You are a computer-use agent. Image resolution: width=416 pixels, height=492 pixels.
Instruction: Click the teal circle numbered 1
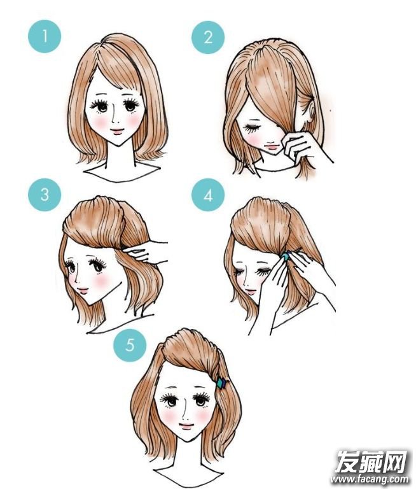point(45,36)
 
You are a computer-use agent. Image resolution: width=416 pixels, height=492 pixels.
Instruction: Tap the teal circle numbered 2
point(208,38)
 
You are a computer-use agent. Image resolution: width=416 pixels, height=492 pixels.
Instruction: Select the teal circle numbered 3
point(45,195)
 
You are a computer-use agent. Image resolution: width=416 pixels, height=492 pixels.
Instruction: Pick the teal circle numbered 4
point(208,195)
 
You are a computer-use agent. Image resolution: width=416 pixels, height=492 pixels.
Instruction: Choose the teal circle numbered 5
point(130,345)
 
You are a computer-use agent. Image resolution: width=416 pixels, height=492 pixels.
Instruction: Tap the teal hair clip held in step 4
point(286,257)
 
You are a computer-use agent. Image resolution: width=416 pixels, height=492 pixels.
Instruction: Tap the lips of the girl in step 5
point(186,426)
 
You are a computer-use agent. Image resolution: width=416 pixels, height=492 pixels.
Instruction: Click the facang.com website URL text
point(370,480)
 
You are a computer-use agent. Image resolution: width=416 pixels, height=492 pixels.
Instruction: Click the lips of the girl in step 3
point(83,290)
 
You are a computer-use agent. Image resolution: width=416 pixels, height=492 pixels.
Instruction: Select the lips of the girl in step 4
point(249,290)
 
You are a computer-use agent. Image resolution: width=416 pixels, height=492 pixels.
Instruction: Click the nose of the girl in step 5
point(185,415)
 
